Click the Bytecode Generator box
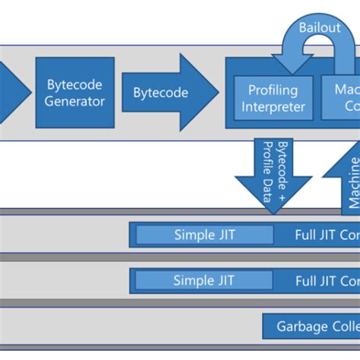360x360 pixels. (75, 93)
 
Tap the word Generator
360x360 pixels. (75, 101)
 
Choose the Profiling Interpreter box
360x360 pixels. (273, 99)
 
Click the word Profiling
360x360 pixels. (273, 91)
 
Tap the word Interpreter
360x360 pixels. (273, 107)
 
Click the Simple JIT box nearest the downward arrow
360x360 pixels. (204, 235)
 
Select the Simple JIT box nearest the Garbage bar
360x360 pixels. (204, 280)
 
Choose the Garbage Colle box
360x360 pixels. (311, 327)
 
